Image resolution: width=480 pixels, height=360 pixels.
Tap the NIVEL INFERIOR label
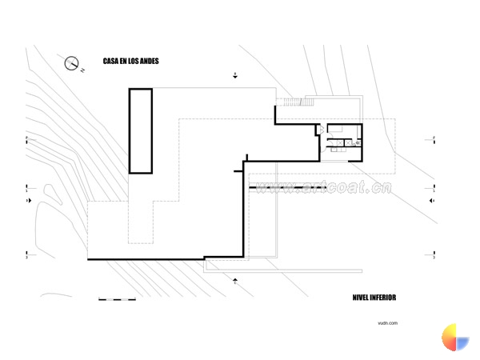pos(374,298)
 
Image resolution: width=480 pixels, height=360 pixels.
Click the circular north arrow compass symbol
pos(73,62)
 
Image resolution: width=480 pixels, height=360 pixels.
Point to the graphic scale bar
pos(116,300)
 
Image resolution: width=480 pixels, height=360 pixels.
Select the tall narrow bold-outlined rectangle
pos(140,130)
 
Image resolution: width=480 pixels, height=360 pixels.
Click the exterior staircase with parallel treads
pos(289,101)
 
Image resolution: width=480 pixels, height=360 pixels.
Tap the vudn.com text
pos(388,323)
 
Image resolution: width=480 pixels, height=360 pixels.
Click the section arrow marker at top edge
pos(235,76)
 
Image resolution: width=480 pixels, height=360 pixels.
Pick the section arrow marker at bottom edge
pos(235,280)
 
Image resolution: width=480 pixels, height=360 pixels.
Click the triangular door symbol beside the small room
pos(320,128)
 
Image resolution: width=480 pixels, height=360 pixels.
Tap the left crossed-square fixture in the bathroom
pos(337,144)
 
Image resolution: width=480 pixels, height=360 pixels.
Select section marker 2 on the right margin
pos(433,139)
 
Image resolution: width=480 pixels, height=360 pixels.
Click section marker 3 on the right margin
pos(433,258)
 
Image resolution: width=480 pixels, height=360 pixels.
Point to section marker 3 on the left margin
pos(27,258)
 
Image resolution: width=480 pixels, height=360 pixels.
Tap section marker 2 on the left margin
pos(27,139)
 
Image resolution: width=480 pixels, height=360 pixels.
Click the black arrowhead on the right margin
pos(431,201)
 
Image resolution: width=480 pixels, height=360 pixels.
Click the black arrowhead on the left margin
pos(29,201)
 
